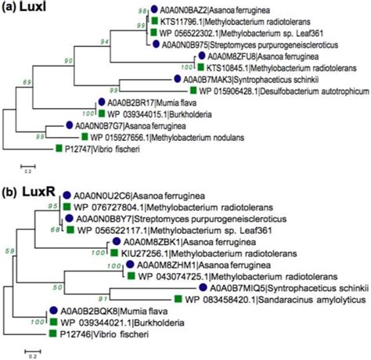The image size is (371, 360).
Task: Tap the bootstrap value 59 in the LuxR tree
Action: click(9, 250)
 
